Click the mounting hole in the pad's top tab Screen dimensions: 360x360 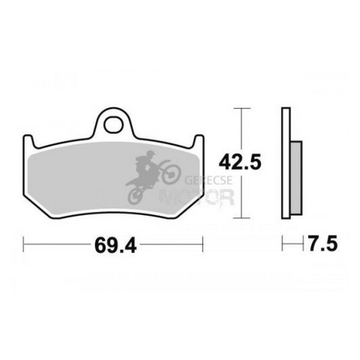click(x=113, y=124)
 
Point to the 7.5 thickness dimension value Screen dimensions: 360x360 click(x=322, y=244)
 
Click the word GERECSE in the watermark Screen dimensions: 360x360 click(x=202, y=180)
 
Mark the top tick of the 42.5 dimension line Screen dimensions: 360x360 click(x=241, y=108)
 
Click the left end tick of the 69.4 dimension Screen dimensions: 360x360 click(x=24, y=244)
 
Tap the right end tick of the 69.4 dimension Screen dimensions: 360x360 click(x=202, y=244)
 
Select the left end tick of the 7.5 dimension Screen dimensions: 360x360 click(x=282, y=243)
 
